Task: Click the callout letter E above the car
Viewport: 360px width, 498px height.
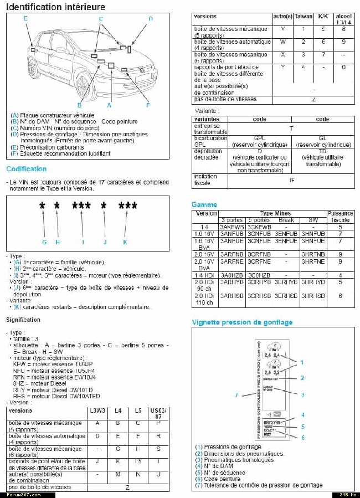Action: pos(25,19)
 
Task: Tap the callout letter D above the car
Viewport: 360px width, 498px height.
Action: pos(150,19)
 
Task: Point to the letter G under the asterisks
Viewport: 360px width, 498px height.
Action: pos(44,242)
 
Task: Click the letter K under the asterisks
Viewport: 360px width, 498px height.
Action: pos(125,242)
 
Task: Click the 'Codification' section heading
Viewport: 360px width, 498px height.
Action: pos(26,169)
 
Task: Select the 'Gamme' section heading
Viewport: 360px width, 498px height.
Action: pos(204,204)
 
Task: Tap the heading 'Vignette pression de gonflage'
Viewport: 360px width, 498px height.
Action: pos(242,322)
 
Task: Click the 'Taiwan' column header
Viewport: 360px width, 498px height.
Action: pos(304,17)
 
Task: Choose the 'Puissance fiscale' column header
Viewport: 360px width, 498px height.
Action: pos(340,216)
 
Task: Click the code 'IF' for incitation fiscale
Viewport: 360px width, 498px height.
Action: pos(292,179)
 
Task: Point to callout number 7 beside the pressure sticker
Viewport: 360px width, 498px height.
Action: pos(236,395)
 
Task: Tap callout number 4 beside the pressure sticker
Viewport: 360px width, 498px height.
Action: pos(303,414)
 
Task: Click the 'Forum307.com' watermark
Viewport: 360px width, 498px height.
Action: pos(20,494)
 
